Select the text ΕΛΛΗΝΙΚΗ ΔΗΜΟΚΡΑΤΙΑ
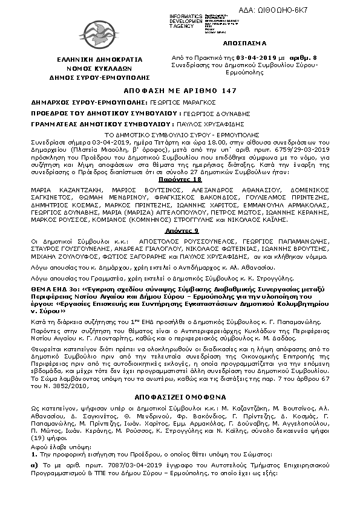point(91,60)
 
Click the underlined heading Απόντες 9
point(180,231)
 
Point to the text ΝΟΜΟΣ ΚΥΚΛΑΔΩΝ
point(91,70)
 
